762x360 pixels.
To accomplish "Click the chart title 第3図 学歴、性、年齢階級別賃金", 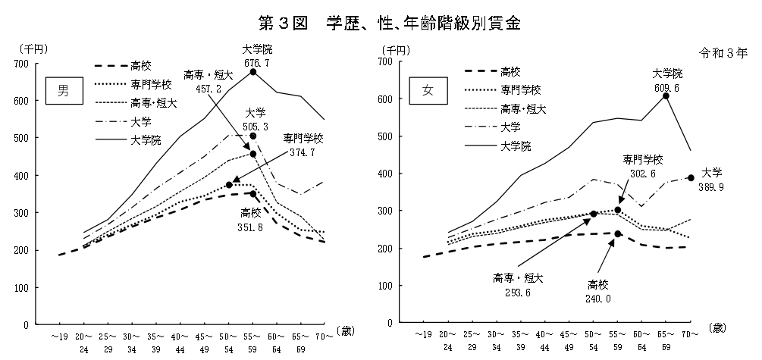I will coord(381,20).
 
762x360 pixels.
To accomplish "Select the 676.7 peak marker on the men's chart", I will coord(253,72).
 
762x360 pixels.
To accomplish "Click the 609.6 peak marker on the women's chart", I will coord(666,95).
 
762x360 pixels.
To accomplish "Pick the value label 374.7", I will coord(303,152).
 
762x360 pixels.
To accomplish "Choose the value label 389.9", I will coord(712,186).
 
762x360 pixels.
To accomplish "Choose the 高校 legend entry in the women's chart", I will coord(510,72).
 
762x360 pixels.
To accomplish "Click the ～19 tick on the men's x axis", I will coord(60,334).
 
